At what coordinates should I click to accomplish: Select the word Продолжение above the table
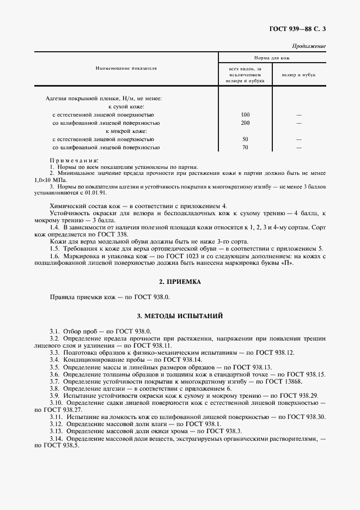(x=309, y=46)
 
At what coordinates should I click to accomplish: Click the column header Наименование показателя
(x=126, y=69)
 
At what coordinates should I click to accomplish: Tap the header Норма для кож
(x=272, y=57)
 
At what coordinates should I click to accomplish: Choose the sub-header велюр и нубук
(x=298, y=75)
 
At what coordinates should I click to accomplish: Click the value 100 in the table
(x=245, y=115)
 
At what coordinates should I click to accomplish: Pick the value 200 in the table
(x=245, y=123)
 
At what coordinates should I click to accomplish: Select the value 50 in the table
(x=245, y=139)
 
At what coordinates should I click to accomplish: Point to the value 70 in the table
(x=245, y=148)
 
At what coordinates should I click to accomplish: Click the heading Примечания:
(x=74, y=161)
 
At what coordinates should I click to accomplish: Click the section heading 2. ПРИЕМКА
(x=180, y=282)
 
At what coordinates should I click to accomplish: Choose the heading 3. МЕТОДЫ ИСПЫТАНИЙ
(x=180, y=316)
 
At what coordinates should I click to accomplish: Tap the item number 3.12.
(x=56, y=423)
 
